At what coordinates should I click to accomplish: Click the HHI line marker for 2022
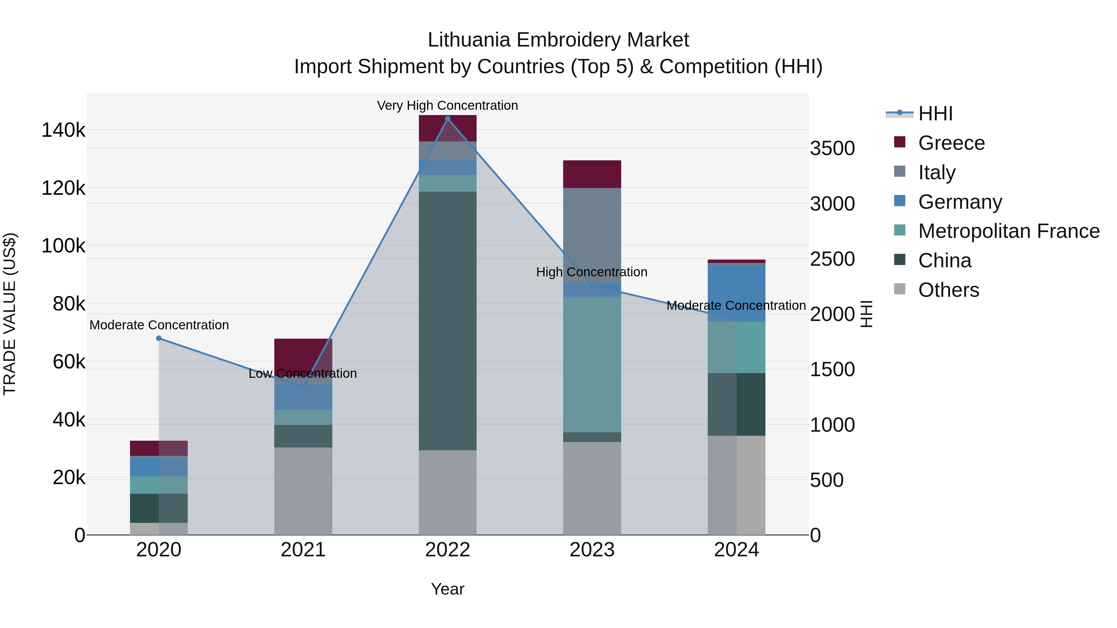click(447, 119)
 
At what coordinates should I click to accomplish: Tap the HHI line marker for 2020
click(159, 338)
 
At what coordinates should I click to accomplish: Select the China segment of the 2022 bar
click(447, 321)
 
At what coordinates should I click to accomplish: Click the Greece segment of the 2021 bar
click(303, 353)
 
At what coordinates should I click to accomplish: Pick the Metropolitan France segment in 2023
click(592, 364)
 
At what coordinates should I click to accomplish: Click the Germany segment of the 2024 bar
click(736, 292)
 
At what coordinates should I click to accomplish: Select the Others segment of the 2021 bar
click(303, 491)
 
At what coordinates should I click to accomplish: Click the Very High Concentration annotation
click(447, 105)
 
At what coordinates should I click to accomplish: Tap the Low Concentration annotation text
click(303, 373)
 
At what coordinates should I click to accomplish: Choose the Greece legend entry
click(951, 143)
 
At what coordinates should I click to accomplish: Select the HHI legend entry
click(935, 114)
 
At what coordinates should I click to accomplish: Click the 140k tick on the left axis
click(63, 130)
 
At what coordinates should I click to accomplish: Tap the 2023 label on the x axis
click(592, 550)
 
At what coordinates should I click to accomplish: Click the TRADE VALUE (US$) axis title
click(10, 314)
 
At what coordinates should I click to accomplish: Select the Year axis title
click(447, 589)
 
